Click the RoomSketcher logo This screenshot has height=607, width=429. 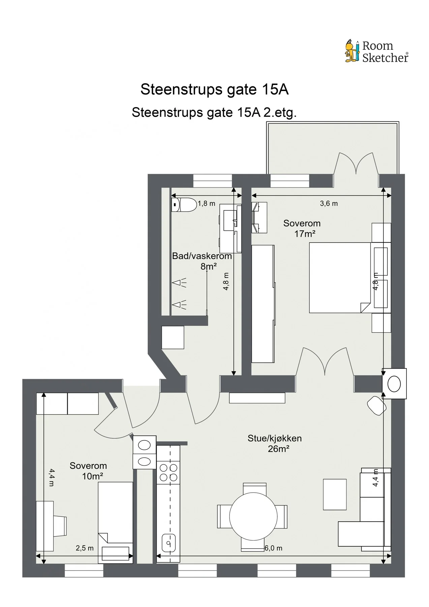[376, 52]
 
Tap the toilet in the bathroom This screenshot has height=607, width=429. [184, 205]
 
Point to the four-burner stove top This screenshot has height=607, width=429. [168, 472]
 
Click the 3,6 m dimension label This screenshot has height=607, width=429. [329, 204]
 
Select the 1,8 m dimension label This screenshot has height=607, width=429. [206, 204]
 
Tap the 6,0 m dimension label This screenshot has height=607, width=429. [273, 548]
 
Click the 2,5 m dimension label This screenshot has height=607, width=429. [85, 548]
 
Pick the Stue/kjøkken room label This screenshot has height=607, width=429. [275, 438]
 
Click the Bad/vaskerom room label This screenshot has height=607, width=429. [202, 256]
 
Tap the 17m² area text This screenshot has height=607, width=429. [305, 234]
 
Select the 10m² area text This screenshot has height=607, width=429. [92, 476]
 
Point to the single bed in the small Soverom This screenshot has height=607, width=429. [116, 523]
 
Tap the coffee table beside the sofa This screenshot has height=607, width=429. [335, 494]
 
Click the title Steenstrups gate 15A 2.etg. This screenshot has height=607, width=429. [214, 112]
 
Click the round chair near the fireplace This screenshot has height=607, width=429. [377, 406]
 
